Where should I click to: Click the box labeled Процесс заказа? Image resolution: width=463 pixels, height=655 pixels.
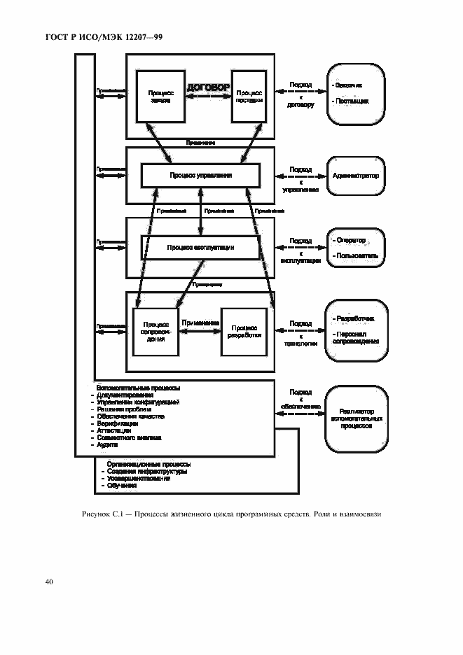tap(155, 96)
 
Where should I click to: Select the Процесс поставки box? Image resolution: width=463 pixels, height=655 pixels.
tap(249, 96)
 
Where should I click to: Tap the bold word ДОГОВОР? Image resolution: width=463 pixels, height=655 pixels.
tap(208, 88)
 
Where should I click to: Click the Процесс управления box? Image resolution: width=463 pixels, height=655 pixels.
tap(200, 175)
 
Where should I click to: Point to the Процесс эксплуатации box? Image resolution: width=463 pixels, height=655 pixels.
tap(200, 247)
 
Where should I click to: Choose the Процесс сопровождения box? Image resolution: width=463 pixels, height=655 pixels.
tap(155, 330)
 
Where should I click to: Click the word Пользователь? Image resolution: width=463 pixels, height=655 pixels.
tap(357, 256)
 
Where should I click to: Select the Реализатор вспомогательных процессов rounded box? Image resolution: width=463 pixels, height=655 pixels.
tap(356, 418)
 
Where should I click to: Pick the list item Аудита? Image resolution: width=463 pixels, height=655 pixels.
tap(108, 445)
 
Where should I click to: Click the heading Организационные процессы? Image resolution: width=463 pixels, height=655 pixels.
tap(148, 464)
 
